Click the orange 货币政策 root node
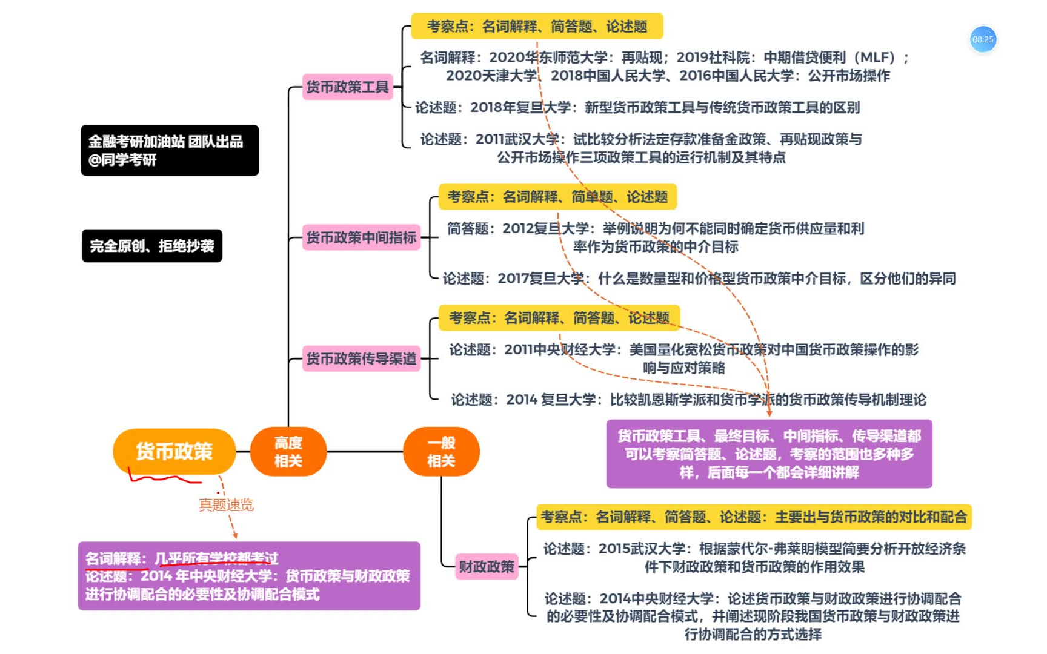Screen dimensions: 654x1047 174,451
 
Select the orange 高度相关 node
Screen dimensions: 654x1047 288,452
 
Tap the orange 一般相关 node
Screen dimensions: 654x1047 441,452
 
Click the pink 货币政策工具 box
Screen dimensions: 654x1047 347,87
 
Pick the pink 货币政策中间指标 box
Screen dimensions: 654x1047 361,237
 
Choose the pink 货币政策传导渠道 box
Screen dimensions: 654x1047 361,358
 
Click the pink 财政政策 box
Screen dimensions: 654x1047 487,566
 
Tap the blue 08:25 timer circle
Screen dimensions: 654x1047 983,39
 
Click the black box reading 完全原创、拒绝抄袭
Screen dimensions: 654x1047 152,246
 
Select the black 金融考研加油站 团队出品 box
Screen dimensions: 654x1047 170,150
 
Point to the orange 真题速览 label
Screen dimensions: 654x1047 227,504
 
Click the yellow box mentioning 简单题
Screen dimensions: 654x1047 557,197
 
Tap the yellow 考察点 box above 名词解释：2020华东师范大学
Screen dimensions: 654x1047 537,27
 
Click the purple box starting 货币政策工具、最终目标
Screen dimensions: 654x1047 769,454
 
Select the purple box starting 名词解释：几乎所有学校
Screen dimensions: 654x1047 249,575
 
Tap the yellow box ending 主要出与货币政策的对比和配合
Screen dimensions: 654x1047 753,517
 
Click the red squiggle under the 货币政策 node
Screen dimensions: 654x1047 164,478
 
